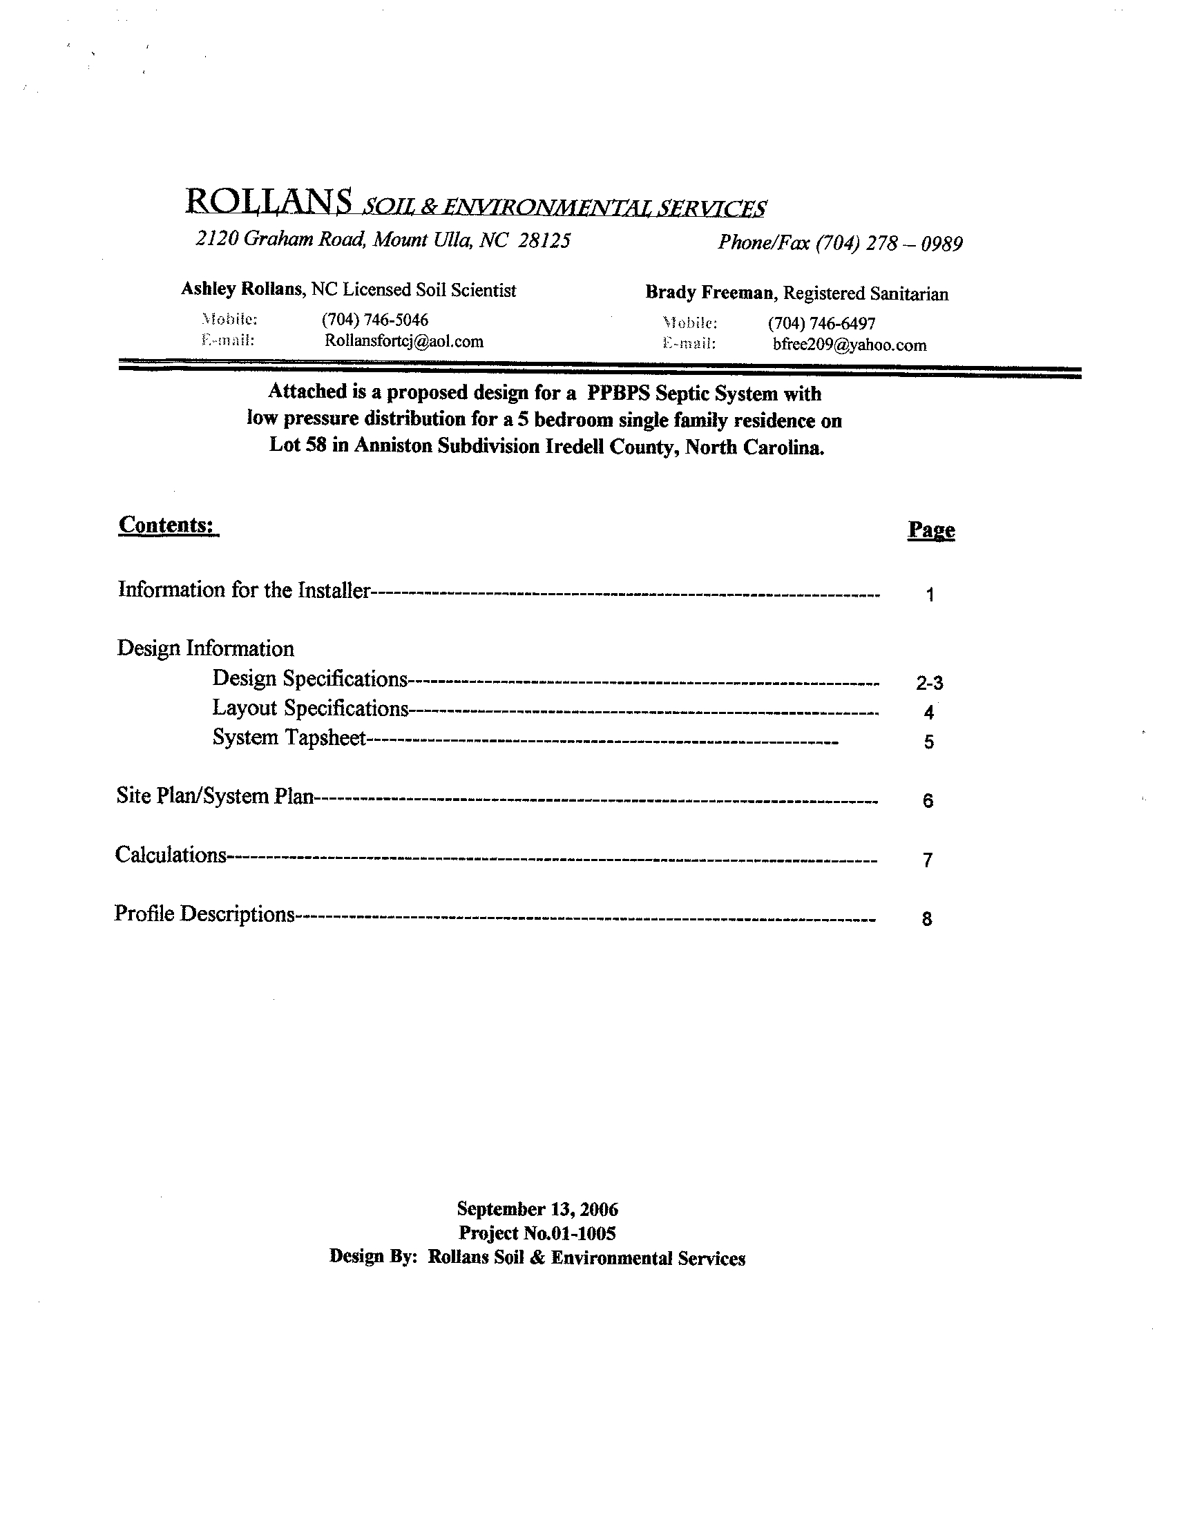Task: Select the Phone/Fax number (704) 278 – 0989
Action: click(x=889, y=244)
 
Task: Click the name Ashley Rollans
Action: click(x=242, y=289)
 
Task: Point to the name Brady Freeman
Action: click(x=709, y=293)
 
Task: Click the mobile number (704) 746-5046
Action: click(x=374, y=320)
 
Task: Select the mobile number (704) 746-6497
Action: click(x=821, y=323)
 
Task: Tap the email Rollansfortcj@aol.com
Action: click(x=403, y=341)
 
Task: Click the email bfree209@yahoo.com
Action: click(x=849, y=345)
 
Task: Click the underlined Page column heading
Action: click(x=931, y=531)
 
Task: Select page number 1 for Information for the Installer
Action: click(x=930, y=595)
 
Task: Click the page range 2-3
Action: click(x=930, y=684)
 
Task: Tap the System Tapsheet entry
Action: click(x=289, y=737)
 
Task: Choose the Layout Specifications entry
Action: click(x=310, y=708)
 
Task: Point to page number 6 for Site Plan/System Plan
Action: click(x=928, y=801)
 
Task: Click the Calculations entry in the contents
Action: click(x=171, y=854)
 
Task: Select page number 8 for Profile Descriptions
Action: click(x=927, y=919)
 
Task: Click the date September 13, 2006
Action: click(x=537, y=1209)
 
